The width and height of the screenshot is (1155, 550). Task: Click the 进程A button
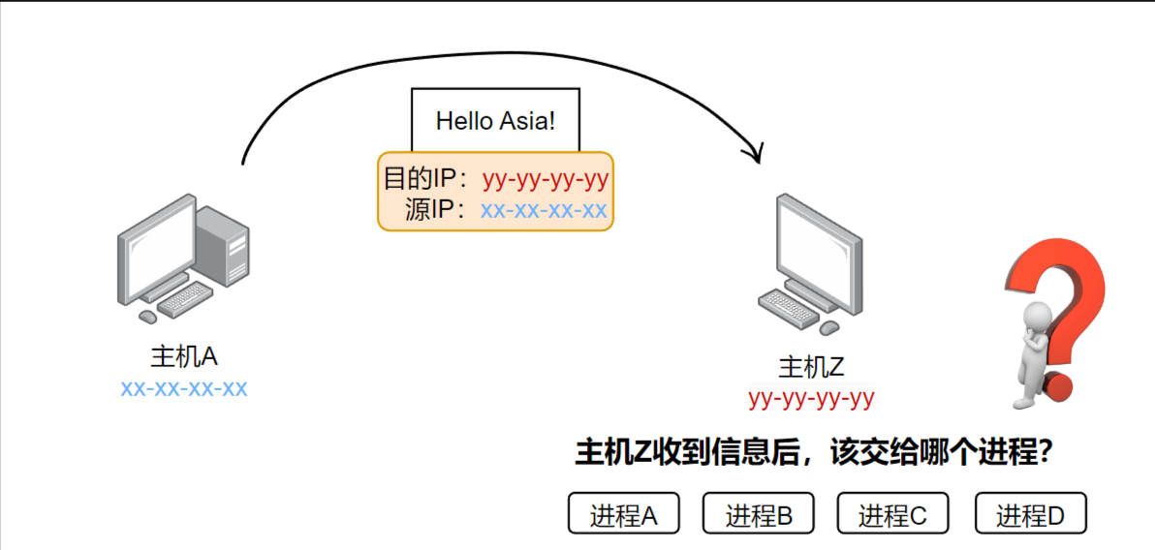point(623,514)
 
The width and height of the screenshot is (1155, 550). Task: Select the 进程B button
point(758,514)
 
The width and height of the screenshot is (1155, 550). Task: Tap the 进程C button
point(892,514)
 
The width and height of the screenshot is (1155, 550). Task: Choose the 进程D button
point(1030,514)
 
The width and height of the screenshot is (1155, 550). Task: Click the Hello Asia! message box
point(495,121)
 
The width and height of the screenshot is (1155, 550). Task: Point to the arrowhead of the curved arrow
point(756,154)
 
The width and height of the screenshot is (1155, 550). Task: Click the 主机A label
point(184,356)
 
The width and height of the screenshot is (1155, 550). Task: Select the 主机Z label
point(812,368)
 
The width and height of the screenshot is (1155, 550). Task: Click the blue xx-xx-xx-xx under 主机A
point(184,389)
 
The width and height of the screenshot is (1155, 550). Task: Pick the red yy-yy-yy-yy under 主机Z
point(812,398)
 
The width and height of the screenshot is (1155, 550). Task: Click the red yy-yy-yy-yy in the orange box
point(546,180)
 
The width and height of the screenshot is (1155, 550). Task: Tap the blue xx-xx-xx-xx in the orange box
point(544,210)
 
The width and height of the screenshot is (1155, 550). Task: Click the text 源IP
point(437,210)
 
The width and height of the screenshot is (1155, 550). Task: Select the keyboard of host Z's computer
point(788,309)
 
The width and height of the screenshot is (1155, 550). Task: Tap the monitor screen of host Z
point(816,246)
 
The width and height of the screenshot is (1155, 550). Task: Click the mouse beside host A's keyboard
point(147,317)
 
